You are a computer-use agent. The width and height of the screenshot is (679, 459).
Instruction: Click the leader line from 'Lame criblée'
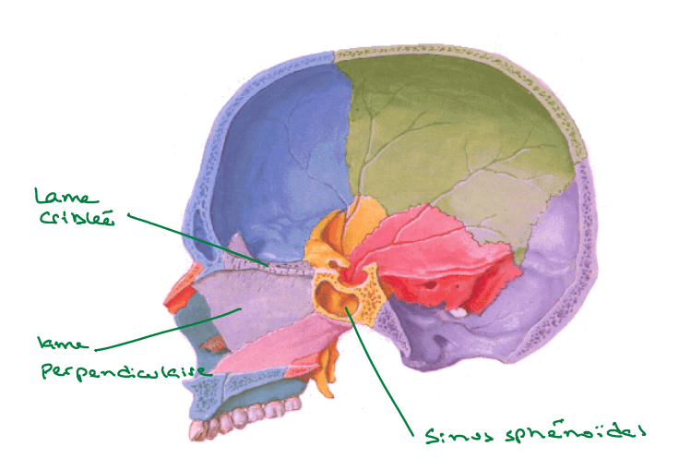coord(198,239)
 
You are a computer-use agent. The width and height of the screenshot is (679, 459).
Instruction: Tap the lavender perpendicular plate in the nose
coord(258,305)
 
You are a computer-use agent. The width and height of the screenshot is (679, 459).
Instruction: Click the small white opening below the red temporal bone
coord(455,312)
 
